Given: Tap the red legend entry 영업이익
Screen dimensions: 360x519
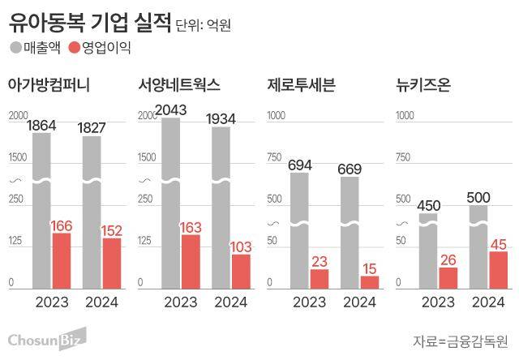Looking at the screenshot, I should tap(101, 48).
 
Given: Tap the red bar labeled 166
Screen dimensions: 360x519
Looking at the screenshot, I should tap(62, 260).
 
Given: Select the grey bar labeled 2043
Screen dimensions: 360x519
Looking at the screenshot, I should tap(171, 203).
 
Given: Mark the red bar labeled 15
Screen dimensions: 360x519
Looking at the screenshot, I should tap(369, 281).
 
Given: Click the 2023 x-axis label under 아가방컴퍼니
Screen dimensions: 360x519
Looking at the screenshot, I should tap(53, 302).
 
